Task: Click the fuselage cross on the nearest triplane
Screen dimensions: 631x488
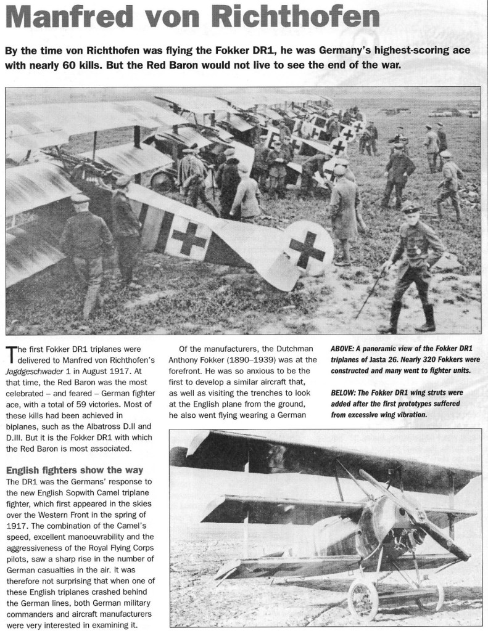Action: click(188, 237)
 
